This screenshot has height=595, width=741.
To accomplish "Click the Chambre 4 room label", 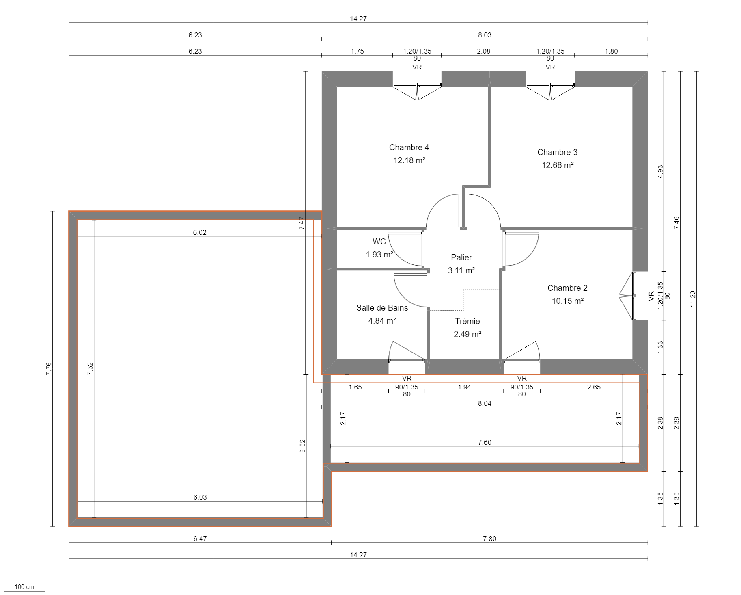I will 409,147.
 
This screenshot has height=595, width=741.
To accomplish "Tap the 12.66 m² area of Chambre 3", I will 557,165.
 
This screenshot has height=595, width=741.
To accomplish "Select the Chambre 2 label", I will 567,288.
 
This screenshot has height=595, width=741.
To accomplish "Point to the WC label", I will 379,242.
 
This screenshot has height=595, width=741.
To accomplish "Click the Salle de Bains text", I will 382,308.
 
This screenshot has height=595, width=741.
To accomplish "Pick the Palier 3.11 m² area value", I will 461,270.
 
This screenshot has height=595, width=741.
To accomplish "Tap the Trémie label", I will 467,321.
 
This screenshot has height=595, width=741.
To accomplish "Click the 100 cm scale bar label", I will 24,586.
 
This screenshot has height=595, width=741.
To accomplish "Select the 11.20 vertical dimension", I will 693,299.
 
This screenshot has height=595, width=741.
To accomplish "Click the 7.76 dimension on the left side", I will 49,368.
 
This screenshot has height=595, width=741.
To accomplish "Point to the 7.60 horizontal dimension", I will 484,442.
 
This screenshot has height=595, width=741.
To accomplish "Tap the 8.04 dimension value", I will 484,403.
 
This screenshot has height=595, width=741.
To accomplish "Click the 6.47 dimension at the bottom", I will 200,539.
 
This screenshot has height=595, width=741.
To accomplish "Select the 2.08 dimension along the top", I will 483,51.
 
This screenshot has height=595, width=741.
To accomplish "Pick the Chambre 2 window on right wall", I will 633,296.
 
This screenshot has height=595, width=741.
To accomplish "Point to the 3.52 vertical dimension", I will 302,446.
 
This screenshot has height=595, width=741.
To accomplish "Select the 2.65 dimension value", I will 593,387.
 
